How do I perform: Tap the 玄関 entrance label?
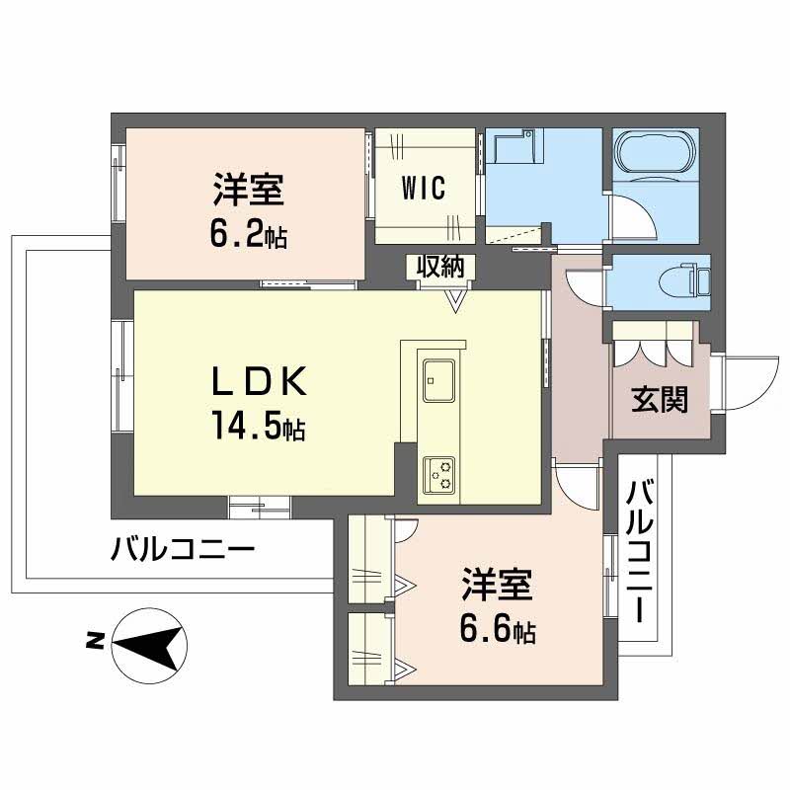point(659,400)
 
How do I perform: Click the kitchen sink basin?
point(437,377)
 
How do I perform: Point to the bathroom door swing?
point(628,217)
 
